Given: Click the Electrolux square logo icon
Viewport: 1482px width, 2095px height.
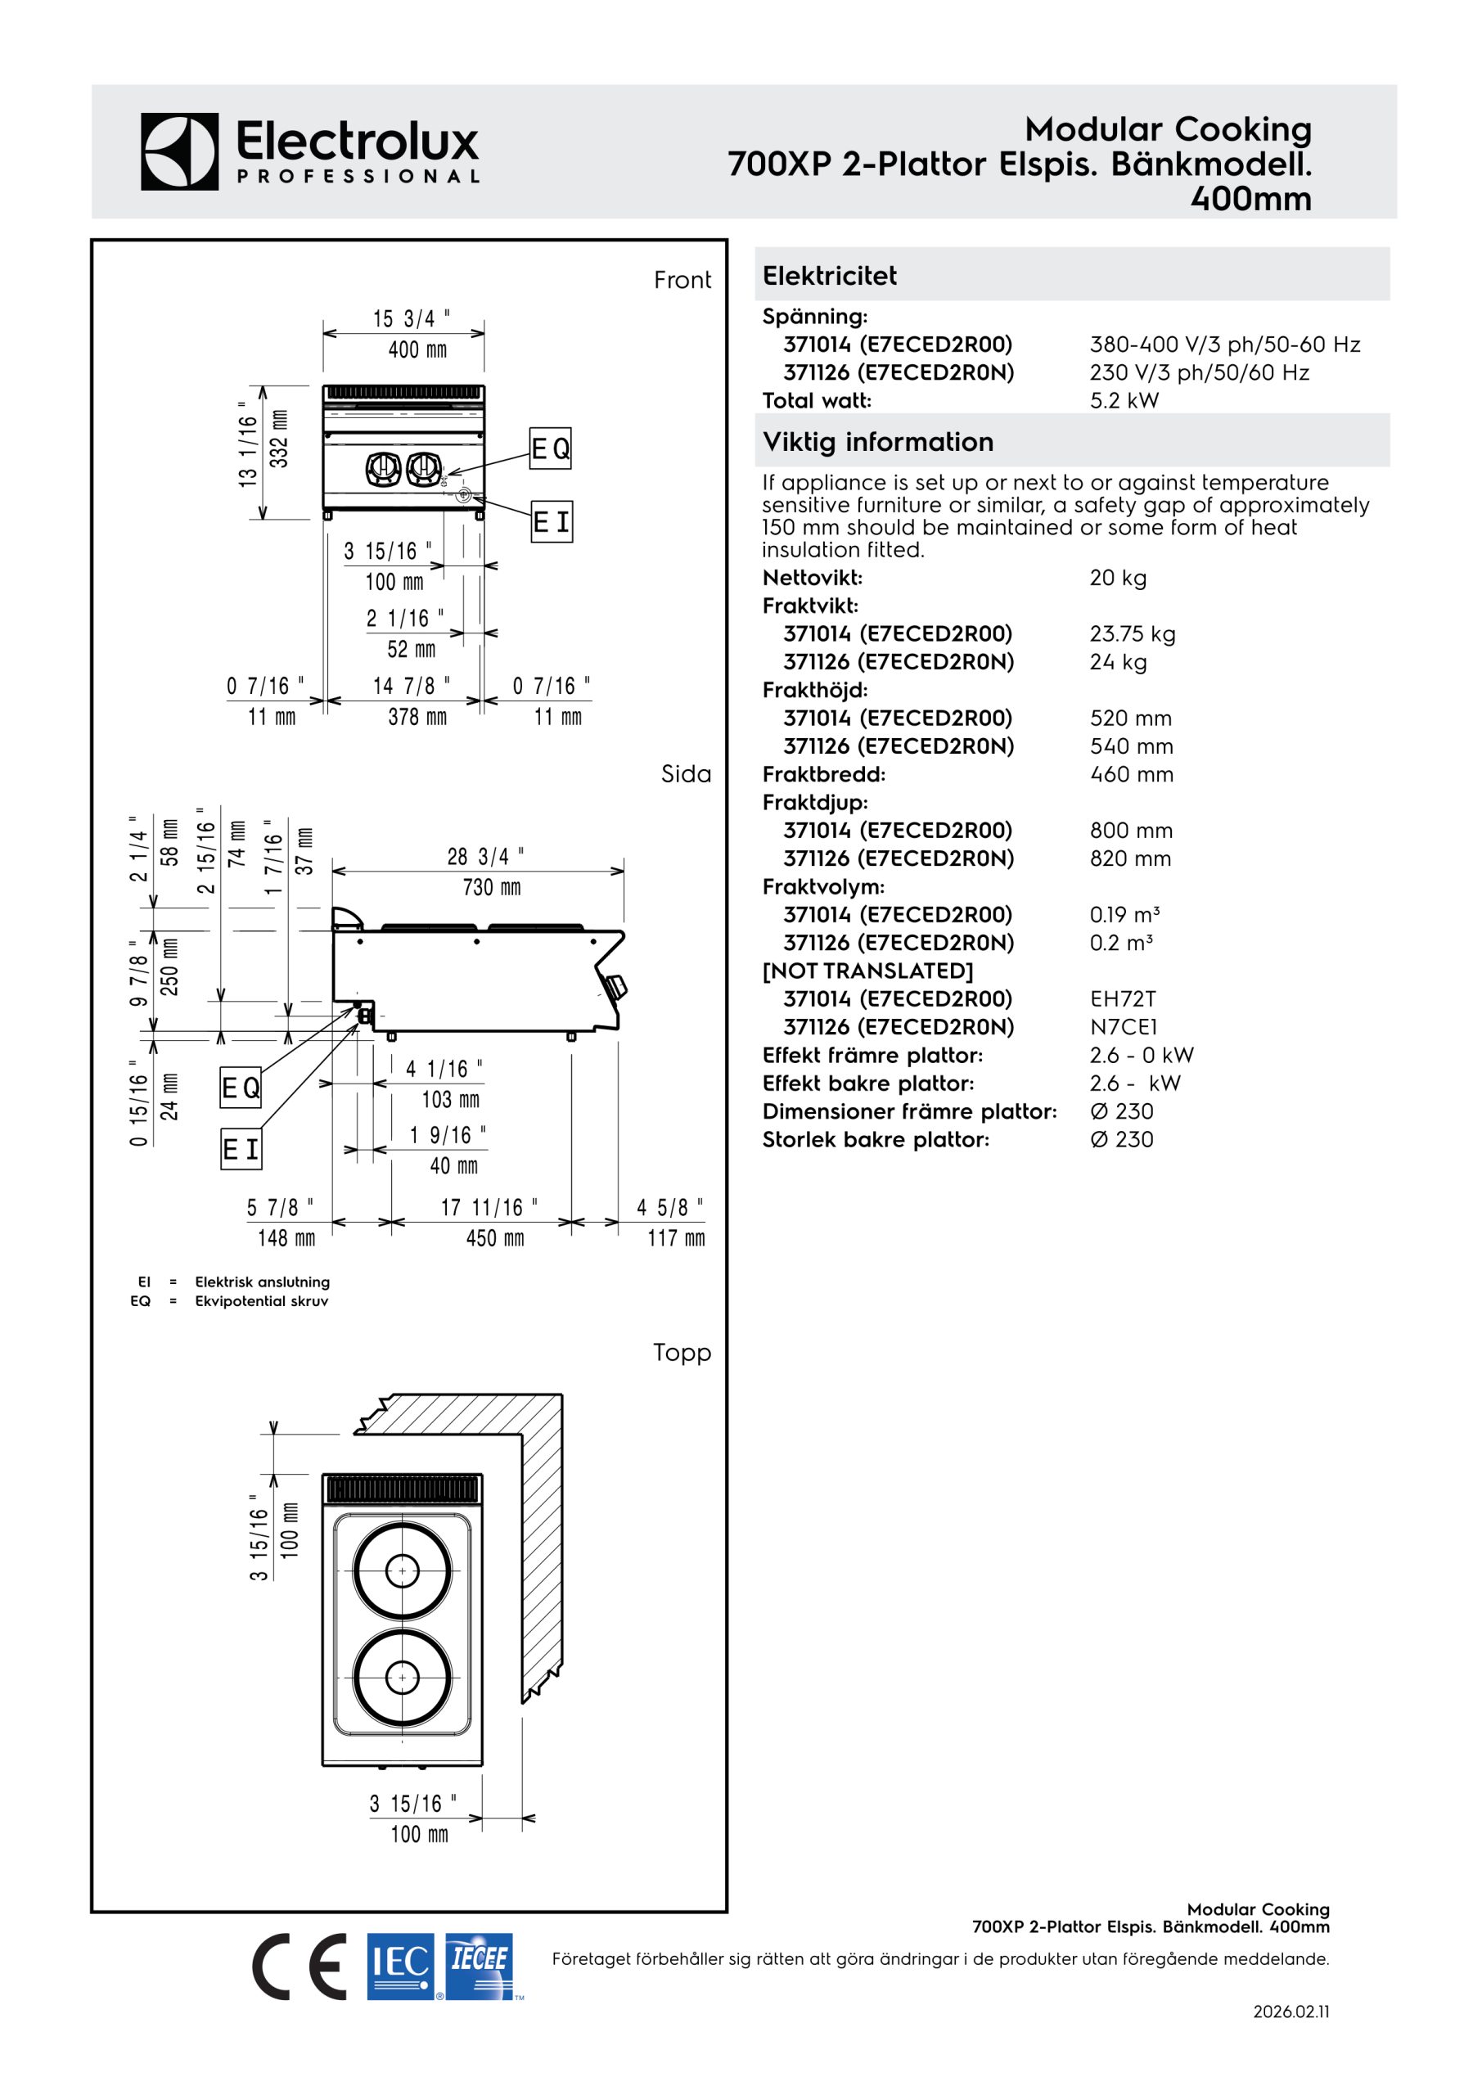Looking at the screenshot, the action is tap(180, 151).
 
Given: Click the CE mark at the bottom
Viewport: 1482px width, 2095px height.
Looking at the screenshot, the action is tap(300, 1967).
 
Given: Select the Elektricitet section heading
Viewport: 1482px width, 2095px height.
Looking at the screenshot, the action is tap(830, 276).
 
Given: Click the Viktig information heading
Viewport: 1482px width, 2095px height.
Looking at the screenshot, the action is tap(878, 442).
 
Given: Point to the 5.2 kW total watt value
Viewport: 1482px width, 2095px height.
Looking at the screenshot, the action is tap(1124, 400).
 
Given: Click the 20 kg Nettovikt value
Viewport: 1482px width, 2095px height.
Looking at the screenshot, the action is tap(1118, 578).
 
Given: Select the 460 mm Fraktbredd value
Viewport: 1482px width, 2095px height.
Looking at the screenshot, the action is tap(1132, 775).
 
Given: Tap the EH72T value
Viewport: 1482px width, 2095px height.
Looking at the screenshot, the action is tap(1123, 999).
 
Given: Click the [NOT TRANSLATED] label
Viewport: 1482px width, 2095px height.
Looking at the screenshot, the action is tap(868, 971).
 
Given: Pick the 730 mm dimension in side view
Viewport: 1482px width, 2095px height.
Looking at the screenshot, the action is tap(491, 887).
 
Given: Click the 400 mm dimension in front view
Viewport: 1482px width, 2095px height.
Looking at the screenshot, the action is tap(417, 349).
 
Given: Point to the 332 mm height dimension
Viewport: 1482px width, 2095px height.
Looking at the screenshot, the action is tap(279, 439).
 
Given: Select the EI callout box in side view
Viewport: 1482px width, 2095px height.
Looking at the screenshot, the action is tap(241, 1149).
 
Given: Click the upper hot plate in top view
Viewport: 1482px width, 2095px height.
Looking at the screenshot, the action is tap(402, 1571).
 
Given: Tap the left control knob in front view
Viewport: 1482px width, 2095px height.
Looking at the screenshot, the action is tap(383, 469).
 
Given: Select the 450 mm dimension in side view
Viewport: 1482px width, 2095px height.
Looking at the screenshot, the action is tap(494, 1238).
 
